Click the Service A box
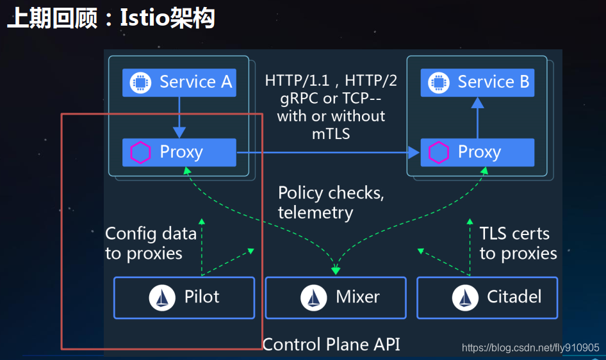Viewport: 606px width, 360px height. (x=179, y=83)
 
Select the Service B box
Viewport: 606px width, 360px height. (x=477, y=83)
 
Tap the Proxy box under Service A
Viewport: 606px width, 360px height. (x=179, y=152)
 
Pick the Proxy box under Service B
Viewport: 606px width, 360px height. (x=477, y=152)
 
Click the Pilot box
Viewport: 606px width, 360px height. (x=184, y=297)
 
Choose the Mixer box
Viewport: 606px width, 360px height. (x=336, y=297)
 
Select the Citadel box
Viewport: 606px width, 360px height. (x=487, y=297)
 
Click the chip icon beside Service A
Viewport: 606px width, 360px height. (x=140, y=83)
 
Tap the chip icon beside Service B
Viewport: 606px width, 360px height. (x=439, y=83)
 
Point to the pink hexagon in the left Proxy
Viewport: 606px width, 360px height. (x=140, y=152)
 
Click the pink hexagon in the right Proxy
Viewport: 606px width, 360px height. (x=439, y=152)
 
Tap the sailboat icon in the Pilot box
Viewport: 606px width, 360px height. (x=162, y=298)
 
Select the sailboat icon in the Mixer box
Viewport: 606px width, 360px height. (x=313, y=298)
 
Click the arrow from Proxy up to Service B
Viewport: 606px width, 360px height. (x=477, y=118)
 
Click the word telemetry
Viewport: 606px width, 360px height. (x=315, y=212)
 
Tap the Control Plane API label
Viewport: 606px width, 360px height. (x=331, y=344)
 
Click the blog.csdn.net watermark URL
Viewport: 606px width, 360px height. (x=530, y=348)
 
